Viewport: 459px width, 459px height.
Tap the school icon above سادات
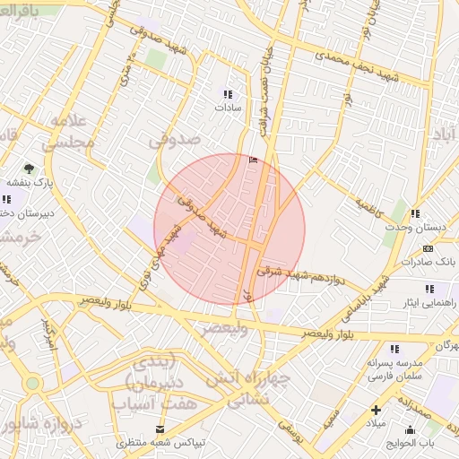coord(228,93)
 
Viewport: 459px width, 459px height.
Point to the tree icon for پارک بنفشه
coord(29,168)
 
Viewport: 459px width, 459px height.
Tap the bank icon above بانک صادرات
coord(428,247)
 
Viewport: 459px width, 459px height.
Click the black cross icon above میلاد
coord(376,410)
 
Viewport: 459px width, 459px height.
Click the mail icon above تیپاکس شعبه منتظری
coord(160,429)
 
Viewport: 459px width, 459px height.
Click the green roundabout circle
coord(33,384)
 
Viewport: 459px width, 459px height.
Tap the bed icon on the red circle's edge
coord(251,160)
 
